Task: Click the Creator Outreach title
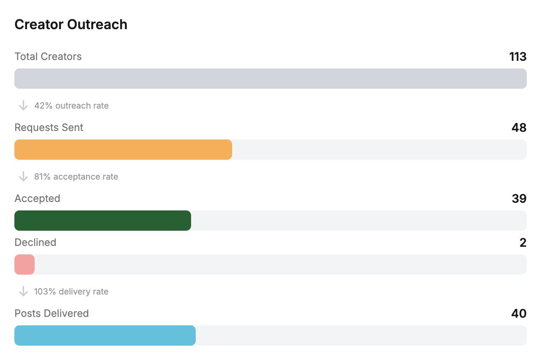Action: [71, 25]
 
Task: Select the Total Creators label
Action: [48, 57]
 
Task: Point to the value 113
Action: [517, 57]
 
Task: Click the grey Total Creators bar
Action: [271, 79]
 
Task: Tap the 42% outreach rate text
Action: [71, 106]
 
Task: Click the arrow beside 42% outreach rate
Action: [23, 106]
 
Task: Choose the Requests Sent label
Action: [49, 128]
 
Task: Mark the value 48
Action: [519, 128]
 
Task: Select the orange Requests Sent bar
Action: [123, 150]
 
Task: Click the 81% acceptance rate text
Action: [76, 177]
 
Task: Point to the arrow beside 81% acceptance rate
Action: [23, 177]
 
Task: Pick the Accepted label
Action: [37, 199]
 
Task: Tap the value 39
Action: [519, 199]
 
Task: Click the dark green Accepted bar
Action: [103, 221]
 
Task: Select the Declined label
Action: [35, 243]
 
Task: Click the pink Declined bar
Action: [25, 265]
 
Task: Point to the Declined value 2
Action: [523, 243]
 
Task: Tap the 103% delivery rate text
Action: [71, 292]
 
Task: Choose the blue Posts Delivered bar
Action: [105, 335]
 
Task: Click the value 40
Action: [519, 314]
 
